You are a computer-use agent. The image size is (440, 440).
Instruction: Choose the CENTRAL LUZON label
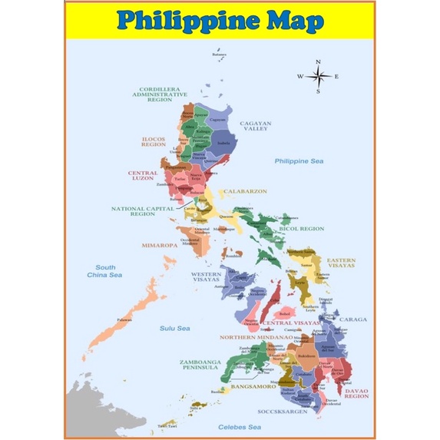pyautogui.click(x=143, y=176)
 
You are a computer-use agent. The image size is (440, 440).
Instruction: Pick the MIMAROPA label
pyautogui.click(x=159, y=246)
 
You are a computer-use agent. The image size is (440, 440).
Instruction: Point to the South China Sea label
pyautogui.click(x=104, y=270)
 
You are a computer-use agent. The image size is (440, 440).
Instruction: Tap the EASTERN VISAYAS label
pyautogui.click(x=341, y=263)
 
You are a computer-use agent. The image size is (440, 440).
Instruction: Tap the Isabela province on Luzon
pyautogui.click(x=223, y=143)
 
